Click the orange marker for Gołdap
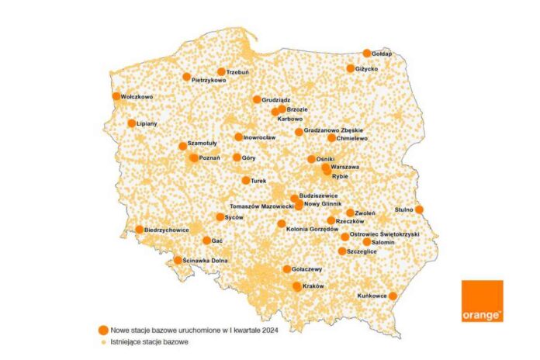click(367, 54)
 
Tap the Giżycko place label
click(368, 69)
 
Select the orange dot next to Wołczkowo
click(116, 97)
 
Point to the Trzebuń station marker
click(221, 71)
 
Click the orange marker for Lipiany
click(132, 123)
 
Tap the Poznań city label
click(210, 158)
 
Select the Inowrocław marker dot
click(239, 137)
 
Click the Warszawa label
click(344, 167)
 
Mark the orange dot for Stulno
click(419, 209)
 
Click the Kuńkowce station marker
click(393, 296)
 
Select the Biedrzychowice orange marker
click(140, 230)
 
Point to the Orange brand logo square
click(482, 301)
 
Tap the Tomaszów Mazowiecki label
click(261, 207)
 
